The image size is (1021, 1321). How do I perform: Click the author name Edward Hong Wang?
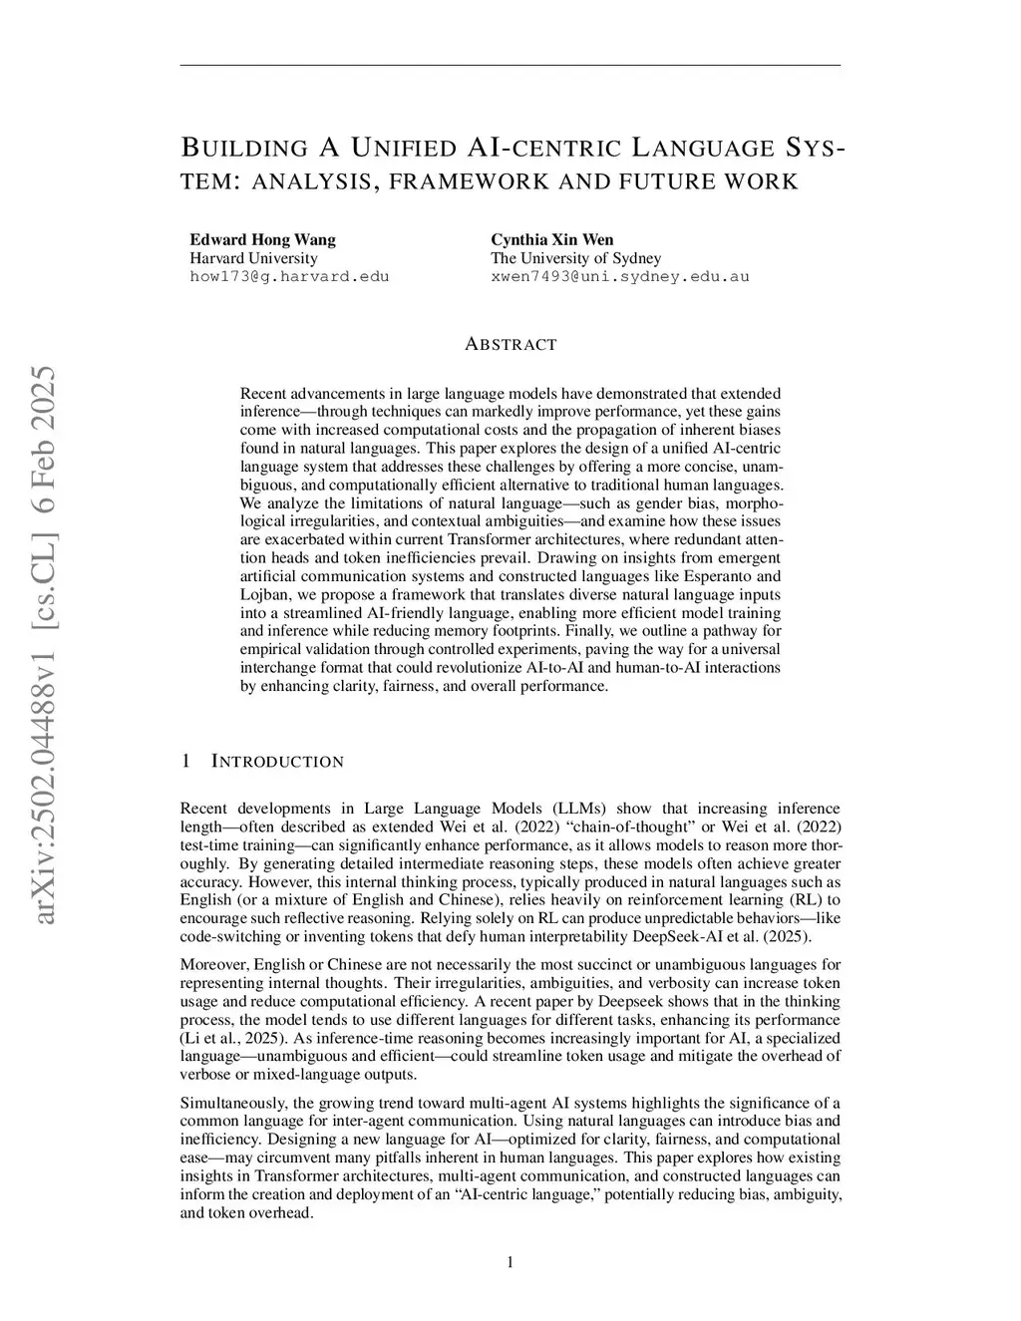click(262, 239)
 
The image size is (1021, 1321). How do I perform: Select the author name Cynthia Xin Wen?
click(551, 239)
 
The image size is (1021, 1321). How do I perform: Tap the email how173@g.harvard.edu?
click(289, 276)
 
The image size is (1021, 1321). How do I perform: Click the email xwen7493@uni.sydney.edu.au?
click(619, 276)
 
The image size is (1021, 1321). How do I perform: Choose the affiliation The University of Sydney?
click(575, 258)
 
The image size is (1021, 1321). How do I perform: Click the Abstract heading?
click(510, 345)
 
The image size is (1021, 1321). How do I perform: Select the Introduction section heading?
click(277, 762)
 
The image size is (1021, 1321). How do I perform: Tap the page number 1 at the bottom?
click(510, 1263)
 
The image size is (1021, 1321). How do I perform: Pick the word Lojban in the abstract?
click(264, 595)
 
